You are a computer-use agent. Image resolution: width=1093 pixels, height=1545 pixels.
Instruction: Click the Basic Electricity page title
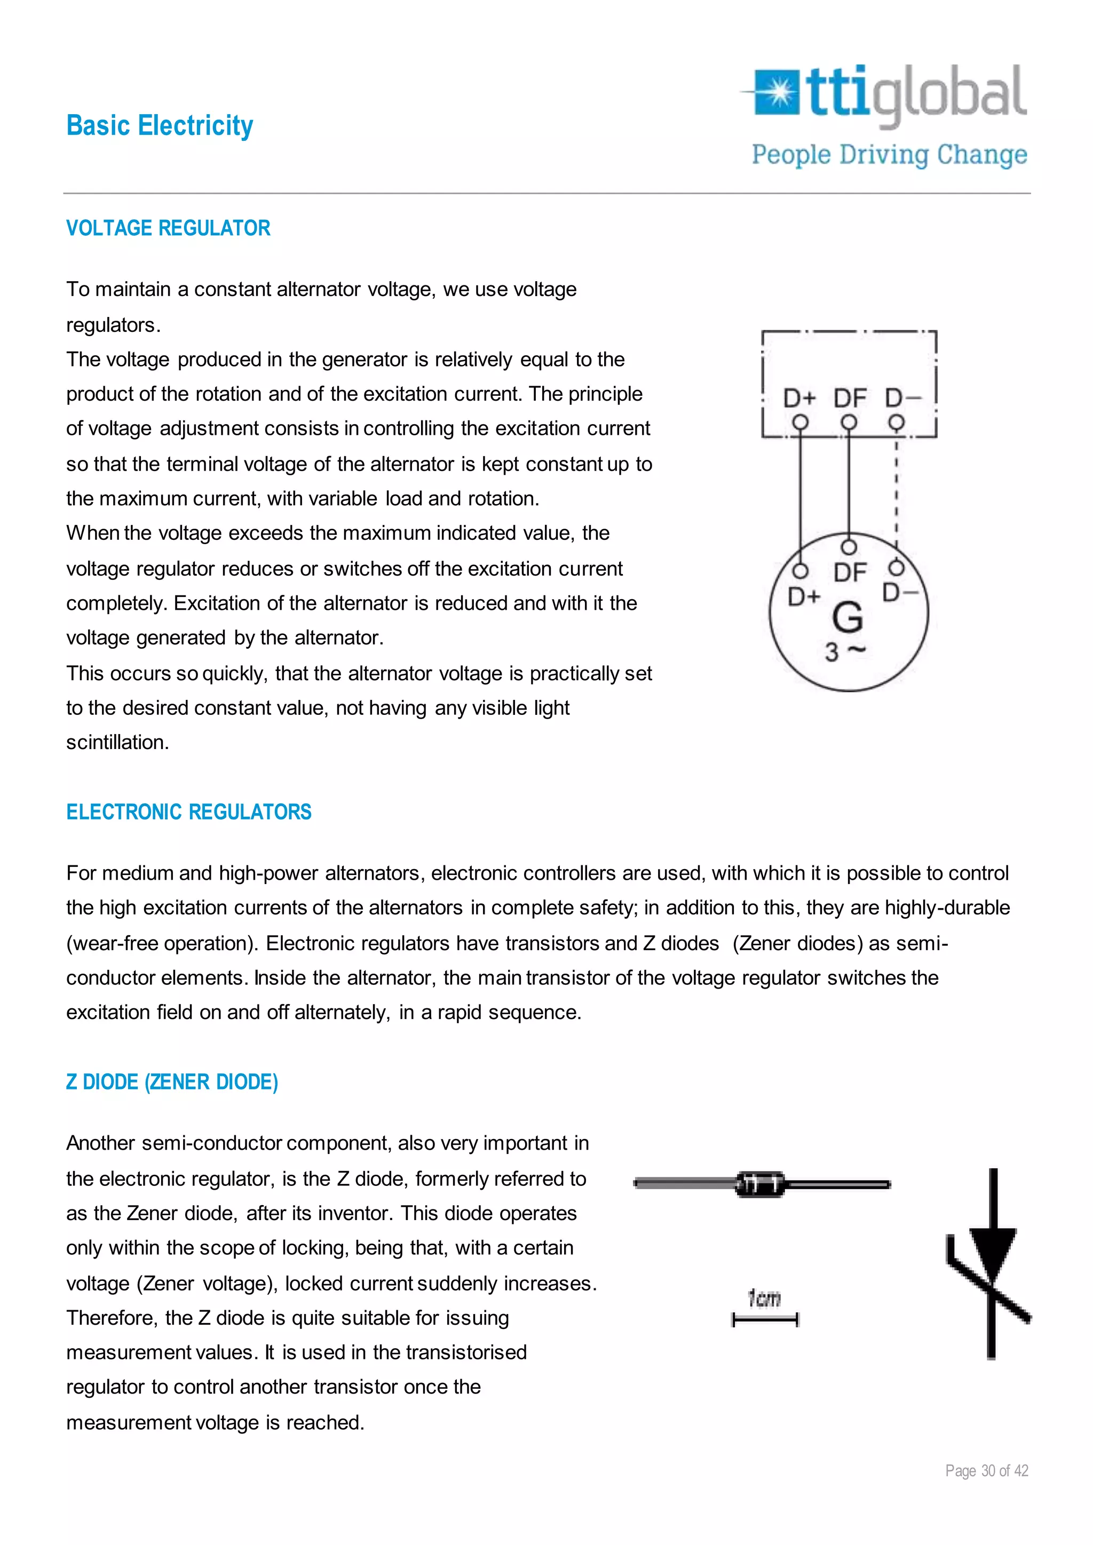pyautogui.click(x=160, y=126)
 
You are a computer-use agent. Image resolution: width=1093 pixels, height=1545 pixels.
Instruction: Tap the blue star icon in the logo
pyautogui.click(x=779, y=92)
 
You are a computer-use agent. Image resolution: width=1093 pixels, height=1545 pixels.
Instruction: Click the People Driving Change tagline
pyautogui.click(x=889, y=155)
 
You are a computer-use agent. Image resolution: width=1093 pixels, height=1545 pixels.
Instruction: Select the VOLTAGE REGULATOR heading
pyautogui.click(x=168, y=228)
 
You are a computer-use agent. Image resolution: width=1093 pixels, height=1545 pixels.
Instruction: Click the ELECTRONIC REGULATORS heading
pyautogui.click(x=188, y=812)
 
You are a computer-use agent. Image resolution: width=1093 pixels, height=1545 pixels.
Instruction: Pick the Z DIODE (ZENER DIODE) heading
pyautogui.click(x=172, y=1082)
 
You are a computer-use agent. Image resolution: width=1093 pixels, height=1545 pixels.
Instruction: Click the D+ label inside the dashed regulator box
pyautogui.click(x=799, y=399)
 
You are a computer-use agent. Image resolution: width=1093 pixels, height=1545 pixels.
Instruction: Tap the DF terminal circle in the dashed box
pyautogui.click(x=849, y=423)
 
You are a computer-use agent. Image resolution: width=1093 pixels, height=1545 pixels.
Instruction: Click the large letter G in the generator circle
pyautogui.click(x=848, y=617)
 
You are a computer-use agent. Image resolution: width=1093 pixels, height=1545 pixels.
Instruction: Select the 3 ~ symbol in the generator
pyautogui.click(x=845, y=651)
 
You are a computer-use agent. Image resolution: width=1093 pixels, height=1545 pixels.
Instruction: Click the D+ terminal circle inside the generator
pyautogui.click(x=799, y=571)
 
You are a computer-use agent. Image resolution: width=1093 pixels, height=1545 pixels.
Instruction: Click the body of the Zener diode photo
pyautogui.click(x=761, y=1184)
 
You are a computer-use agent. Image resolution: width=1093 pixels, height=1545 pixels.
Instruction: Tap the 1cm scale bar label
pyautogui.click(x=765, y=1298)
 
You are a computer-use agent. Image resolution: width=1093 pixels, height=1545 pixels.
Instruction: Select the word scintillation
pyautogui.click(x=117, y=742)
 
